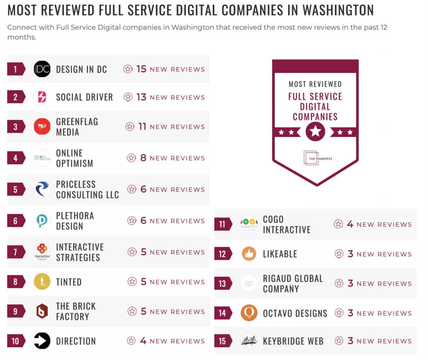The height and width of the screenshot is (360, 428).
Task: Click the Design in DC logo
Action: (x=42, y=69)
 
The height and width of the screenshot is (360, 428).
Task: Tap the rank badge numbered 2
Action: (x=16, y=97)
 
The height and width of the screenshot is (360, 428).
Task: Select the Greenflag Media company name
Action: (x=77, y=127)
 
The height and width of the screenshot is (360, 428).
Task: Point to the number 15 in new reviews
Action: (x=141, y=69)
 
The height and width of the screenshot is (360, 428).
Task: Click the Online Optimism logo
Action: (x=42, y=158)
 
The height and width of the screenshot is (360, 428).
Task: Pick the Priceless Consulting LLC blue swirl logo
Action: (x=42, y=190)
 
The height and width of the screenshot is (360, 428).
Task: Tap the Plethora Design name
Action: (x=75, y=221)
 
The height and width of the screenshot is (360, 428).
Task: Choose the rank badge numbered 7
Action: (x=16, y=252)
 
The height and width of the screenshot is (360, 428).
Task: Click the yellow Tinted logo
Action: (x=42, y=282)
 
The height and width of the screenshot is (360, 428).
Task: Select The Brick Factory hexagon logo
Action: (x=42, y=311)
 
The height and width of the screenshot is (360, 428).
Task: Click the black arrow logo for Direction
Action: (x=42, y=341)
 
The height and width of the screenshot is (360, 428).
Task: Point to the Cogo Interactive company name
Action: (x=286, y=224)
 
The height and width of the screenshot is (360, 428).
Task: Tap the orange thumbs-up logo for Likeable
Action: (x=249, y=254)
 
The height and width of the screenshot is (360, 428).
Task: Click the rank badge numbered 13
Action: (x=223, y=284)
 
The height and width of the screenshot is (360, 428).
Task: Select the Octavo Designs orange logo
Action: (x=249, y=313)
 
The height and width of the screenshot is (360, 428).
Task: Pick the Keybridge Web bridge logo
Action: (x=249, y=341)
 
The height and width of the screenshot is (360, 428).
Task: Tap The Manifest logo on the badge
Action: (x=315, y=158)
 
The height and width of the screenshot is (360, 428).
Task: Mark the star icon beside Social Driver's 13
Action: (x=128, y=97)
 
